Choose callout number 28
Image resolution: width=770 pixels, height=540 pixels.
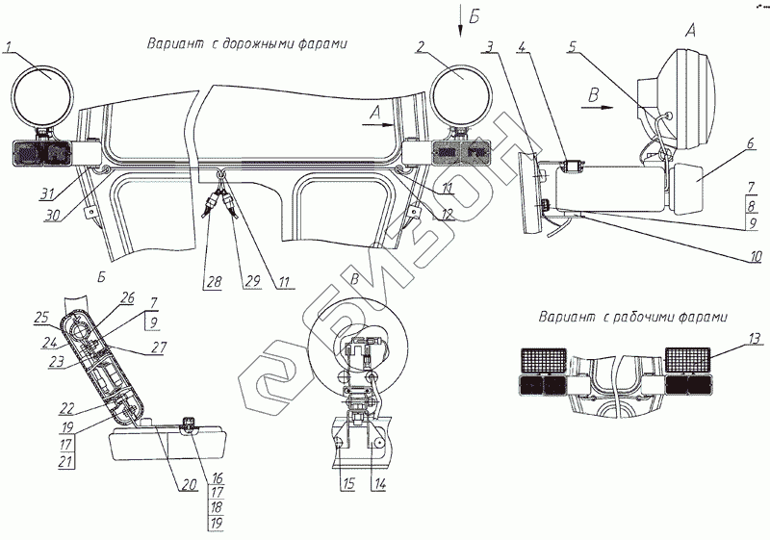212,283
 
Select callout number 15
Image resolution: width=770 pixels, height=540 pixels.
346,485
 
